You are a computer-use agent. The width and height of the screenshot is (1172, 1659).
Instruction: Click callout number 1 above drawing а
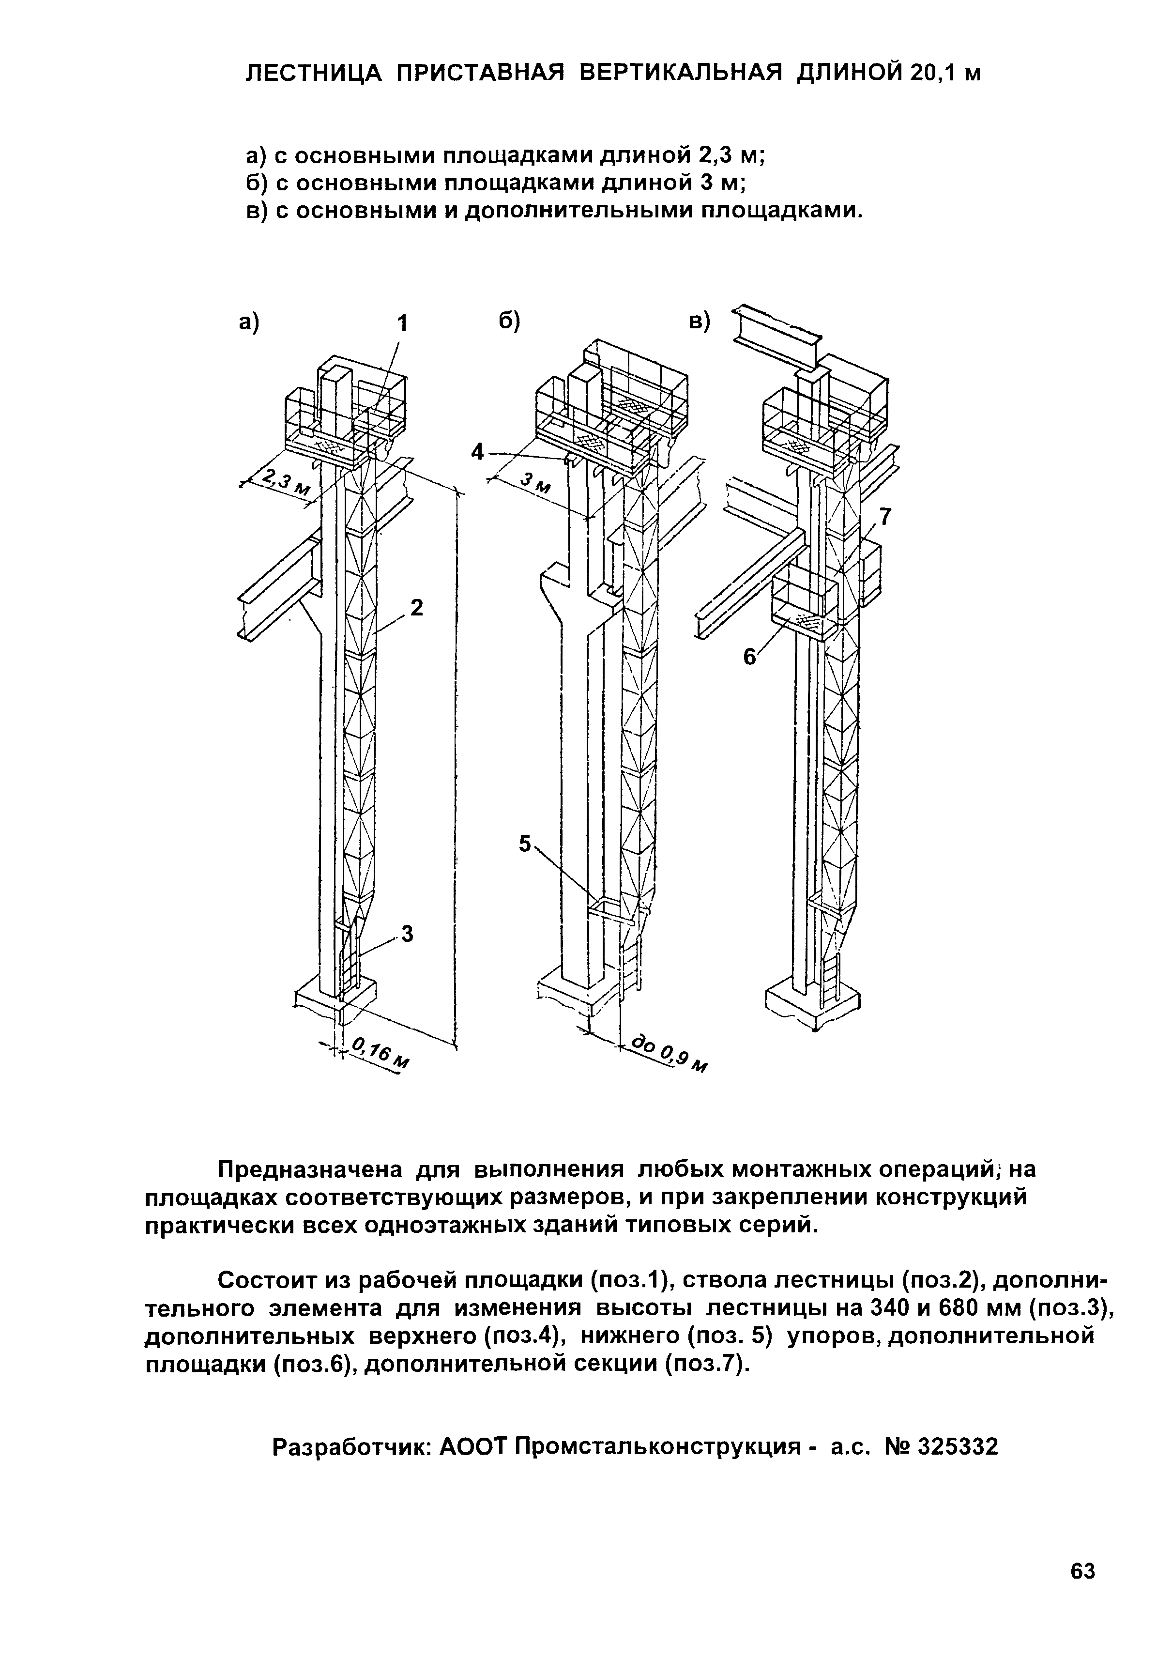point(402,323)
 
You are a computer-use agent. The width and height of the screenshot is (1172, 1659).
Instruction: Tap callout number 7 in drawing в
point(884,517)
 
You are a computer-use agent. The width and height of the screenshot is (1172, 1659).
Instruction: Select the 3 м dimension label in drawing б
point(535,483)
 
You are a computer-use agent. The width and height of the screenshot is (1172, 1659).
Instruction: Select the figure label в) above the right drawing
point(699,323)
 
